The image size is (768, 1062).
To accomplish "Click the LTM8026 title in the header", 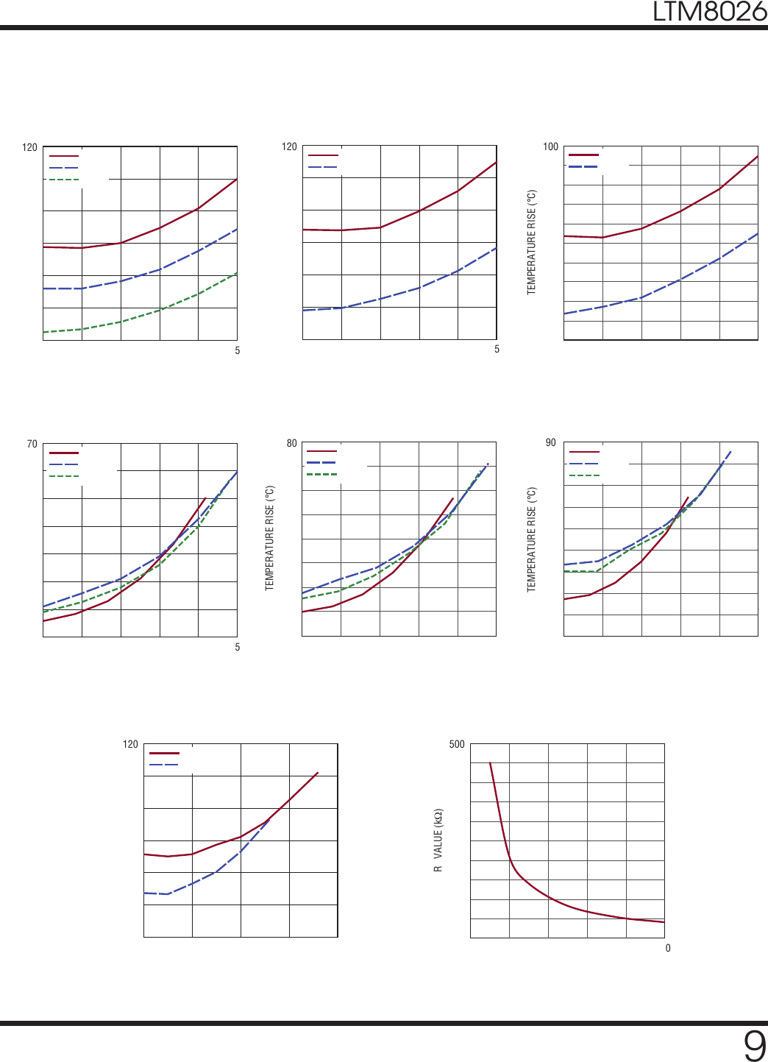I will (709, 12).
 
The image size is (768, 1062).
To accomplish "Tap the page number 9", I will (754, 1045).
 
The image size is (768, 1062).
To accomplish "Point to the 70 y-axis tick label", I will (32, 444).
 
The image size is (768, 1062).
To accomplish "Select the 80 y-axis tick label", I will (292, 443).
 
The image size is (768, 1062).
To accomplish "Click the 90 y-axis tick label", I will (551, 442).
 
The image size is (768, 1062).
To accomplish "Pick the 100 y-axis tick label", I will (550, 146).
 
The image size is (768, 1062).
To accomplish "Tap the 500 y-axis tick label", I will (457, 744).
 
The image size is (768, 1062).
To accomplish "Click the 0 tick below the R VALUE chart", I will (668, 948).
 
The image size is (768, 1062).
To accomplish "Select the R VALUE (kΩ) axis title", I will (438, 840).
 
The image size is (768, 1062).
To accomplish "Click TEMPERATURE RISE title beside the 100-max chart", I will (532, 243).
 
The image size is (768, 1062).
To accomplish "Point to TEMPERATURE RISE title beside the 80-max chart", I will (270, 537).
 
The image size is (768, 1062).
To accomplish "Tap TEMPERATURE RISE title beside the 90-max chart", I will (532, 539).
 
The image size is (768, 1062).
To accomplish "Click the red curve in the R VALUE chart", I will (548, 896).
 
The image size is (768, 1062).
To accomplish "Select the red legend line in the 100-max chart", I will (583, 155).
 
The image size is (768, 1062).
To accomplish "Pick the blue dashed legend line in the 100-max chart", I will (583, 167).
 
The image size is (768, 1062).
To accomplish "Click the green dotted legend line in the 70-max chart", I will (64, 476).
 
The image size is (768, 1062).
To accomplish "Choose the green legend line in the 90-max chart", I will (584, 475).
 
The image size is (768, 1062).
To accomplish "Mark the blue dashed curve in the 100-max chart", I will (680, 279).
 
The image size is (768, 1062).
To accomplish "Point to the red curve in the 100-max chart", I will (680, 211).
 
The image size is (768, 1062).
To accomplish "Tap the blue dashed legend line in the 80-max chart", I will (321, 462).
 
